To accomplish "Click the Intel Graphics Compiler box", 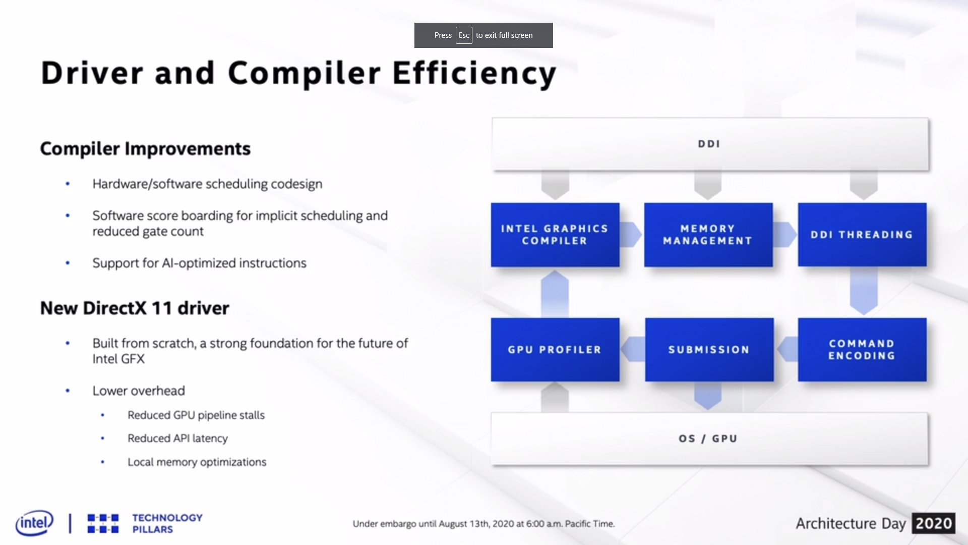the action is click(x=555, y=235).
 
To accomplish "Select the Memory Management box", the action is click(x=708, y=235).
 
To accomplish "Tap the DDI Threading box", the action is click(x=862, y=235).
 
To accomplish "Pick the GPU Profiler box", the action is click(x=555, y=349).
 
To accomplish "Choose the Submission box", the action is click(x=709, y=349).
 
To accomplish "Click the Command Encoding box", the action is click(x=862, y=349).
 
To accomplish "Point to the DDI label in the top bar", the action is click(x=709, y=144).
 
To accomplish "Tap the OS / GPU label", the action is click(x=708, y=439).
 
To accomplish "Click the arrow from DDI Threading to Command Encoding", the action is click(x=864, y=291).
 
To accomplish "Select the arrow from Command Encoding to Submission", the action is click(x=787, y=349).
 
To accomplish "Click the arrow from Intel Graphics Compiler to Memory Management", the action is click(x=631, y=235).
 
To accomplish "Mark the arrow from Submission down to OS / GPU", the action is click(x=708, y=396).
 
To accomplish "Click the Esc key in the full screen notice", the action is click(x=464, y=35).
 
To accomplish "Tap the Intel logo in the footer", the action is click(x=34, y=523).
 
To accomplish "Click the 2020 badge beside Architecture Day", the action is click(x=933, y=523).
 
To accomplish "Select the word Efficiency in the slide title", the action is click(x=474, y=74).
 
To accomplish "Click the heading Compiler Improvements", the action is click(x=145, y=149).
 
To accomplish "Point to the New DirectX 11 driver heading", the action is click(x=135, y=308).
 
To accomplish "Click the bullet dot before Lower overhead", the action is click(x=68, y=390).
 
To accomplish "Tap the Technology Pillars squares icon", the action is click(x=103, y=523).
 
